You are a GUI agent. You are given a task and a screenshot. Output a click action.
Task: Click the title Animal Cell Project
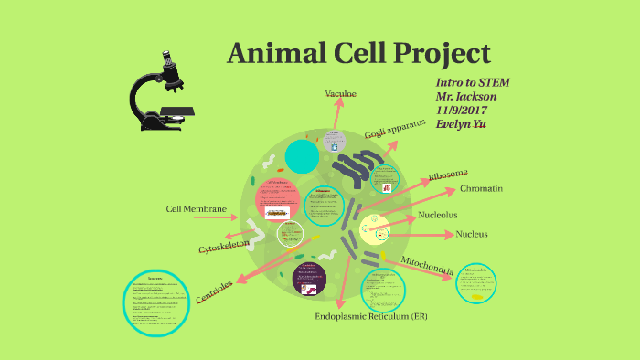[x=358, y=52]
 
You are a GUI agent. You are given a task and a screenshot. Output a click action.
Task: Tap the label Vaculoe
[x=343, y=93]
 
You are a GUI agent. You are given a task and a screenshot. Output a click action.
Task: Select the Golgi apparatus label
[x=395, y=129]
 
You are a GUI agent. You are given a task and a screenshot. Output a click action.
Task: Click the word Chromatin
[x=481, y=188]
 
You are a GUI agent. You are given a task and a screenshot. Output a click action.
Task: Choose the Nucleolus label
[x=438, y=216]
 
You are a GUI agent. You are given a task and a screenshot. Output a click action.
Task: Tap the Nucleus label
[x=471, y=234]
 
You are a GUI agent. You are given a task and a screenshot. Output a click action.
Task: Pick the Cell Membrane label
[x=196, y=209]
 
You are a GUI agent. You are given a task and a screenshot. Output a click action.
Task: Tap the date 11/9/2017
[x=464, y=110]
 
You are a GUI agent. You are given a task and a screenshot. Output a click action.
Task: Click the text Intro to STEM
[x=474, y=82]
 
